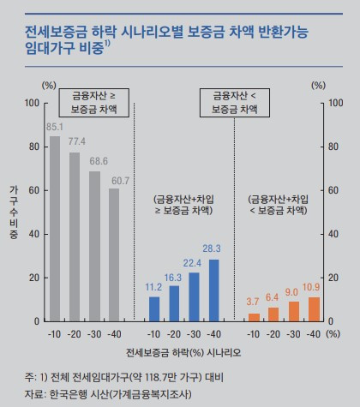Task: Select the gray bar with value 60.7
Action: coord(114,255)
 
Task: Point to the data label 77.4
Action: coord(75,141)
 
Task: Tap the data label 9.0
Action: coord(293,292)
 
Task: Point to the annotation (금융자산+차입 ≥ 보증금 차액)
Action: coord(183,204)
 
